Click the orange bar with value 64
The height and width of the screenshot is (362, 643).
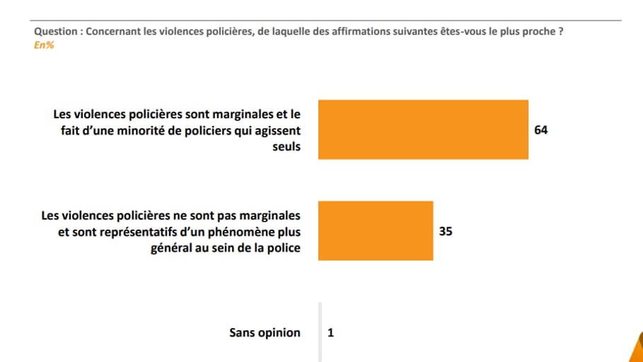pos(423,130)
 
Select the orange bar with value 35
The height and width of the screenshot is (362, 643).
pos(376,231)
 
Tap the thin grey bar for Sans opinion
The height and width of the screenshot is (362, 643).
pos(320,332)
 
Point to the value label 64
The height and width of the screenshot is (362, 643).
pos(542,130)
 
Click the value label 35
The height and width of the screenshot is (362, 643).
pos(446,231)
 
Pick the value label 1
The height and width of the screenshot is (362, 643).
pos(330,332)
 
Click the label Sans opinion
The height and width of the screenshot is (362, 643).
pos(265,333)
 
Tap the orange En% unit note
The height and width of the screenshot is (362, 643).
pos(44,45)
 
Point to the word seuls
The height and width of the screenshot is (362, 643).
pos(286,147)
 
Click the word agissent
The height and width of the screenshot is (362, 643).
pos(277,130)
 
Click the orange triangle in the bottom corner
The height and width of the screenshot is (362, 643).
pos(636,351)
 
